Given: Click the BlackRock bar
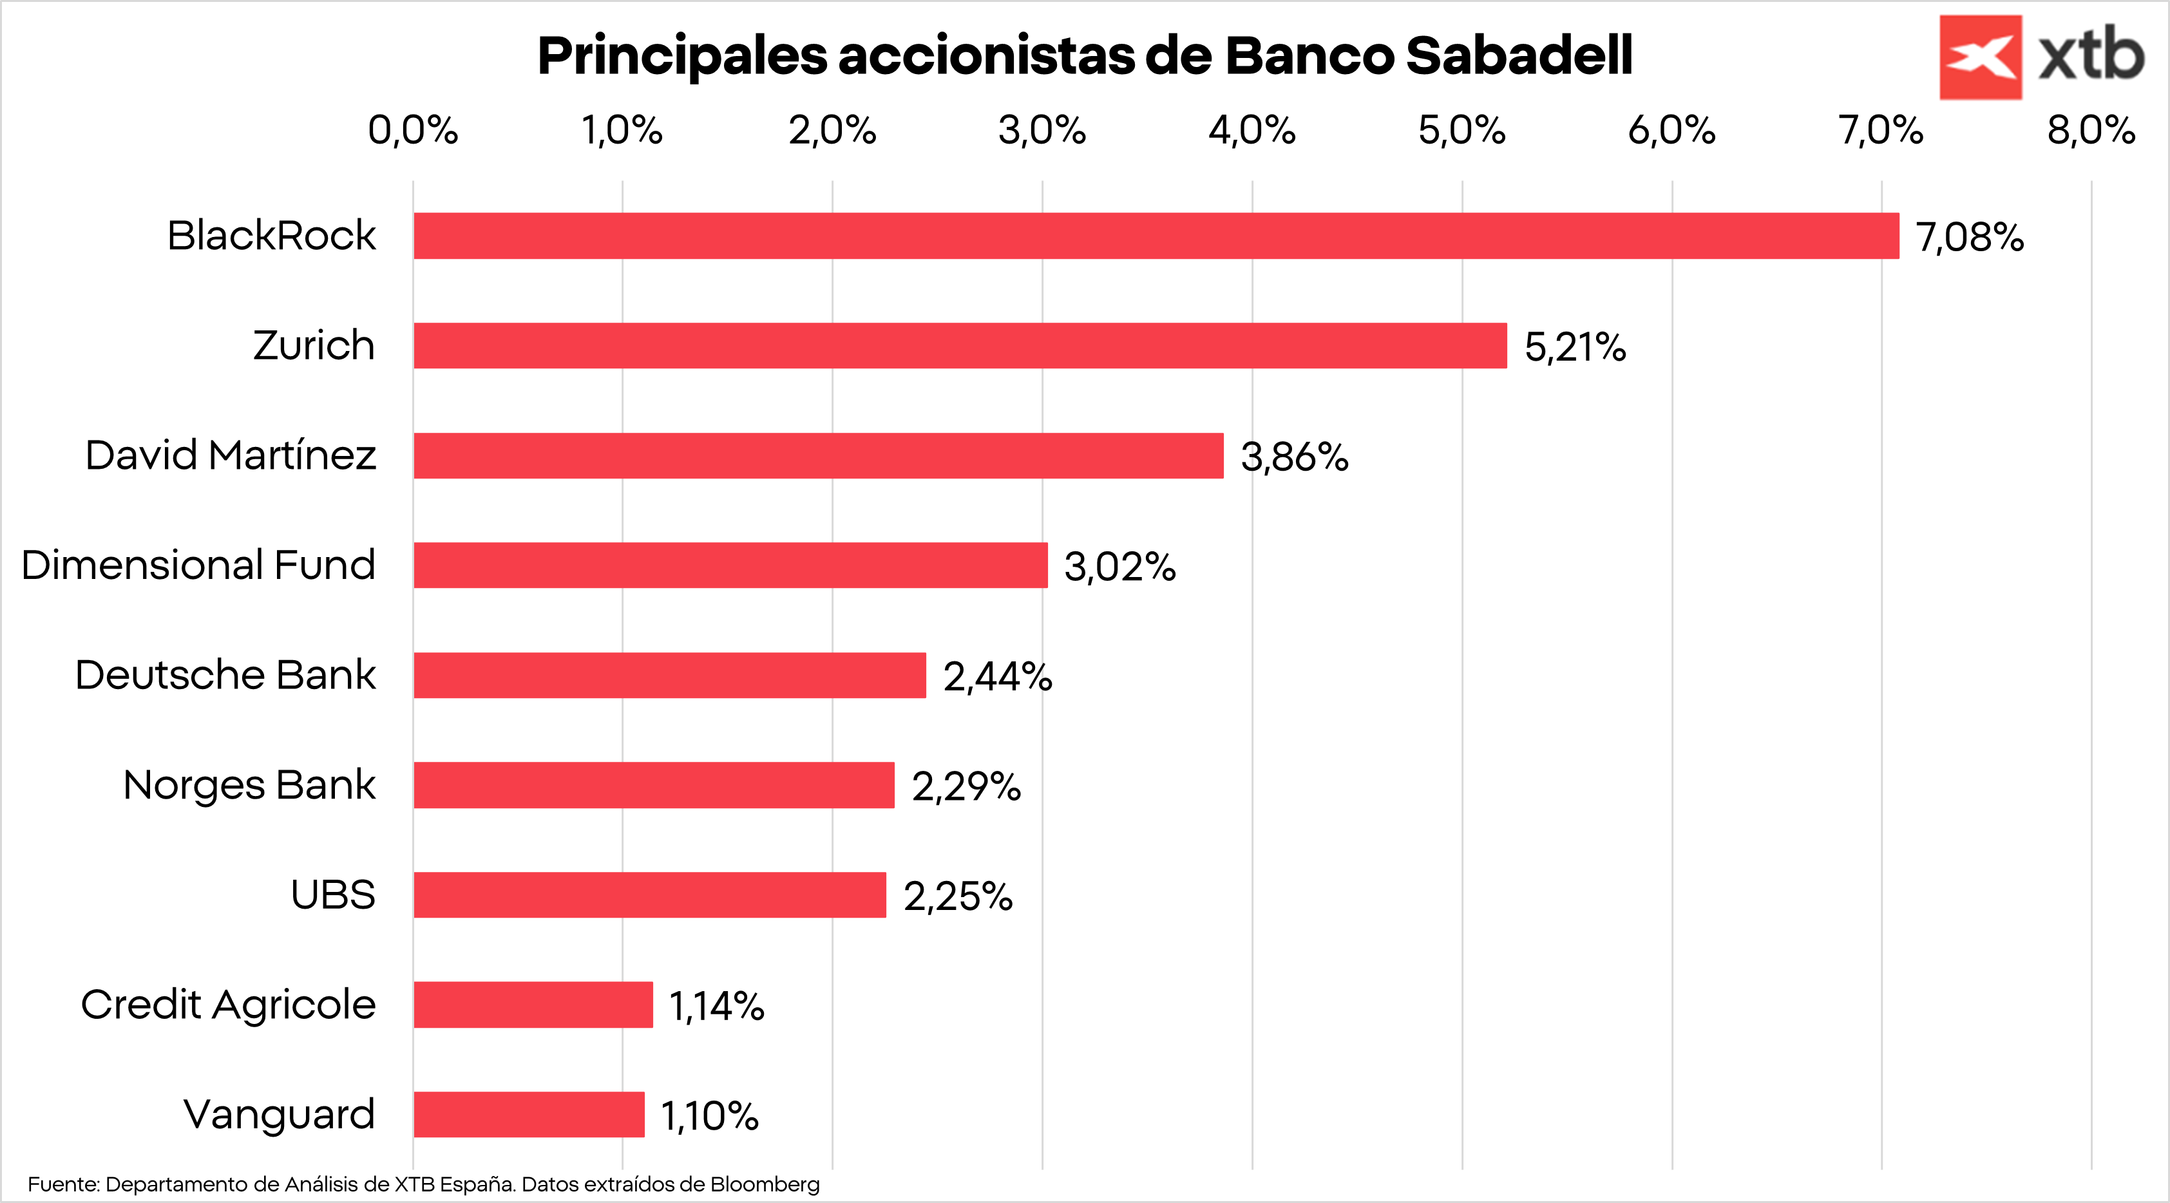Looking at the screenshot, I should pos(1156,236).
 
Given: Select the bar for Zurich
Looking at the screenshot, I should pos(960,345).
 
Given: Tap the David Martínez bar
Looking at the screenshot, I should pos(818,456).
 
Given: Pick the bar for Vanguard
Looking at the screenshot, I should pos(529,1115).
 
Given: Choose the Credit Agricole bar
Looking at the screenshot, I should pos(533,1005).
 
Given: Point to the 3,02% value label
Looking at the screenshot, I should pos(1119,566).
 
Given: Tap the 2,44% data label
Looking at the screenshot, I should pos(997,676).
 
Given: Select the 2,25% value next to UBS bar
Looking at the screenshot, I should pos(958,896).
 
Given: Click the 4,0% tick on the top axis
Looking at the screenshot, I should pos(1252,131).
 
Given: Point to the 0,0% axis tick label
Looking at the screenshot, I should pos(413,131).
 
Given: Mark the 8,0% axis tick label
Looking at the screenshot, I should pos(2091,131).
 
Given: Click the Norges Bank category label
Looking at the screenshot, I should pos(249,785).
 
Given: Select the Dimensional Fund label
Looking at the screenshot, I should pos(199,565).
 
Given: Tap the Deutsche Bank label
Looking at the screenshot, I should pos(226,675).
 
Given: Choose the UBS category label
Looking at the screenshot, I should pos(333,895).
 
